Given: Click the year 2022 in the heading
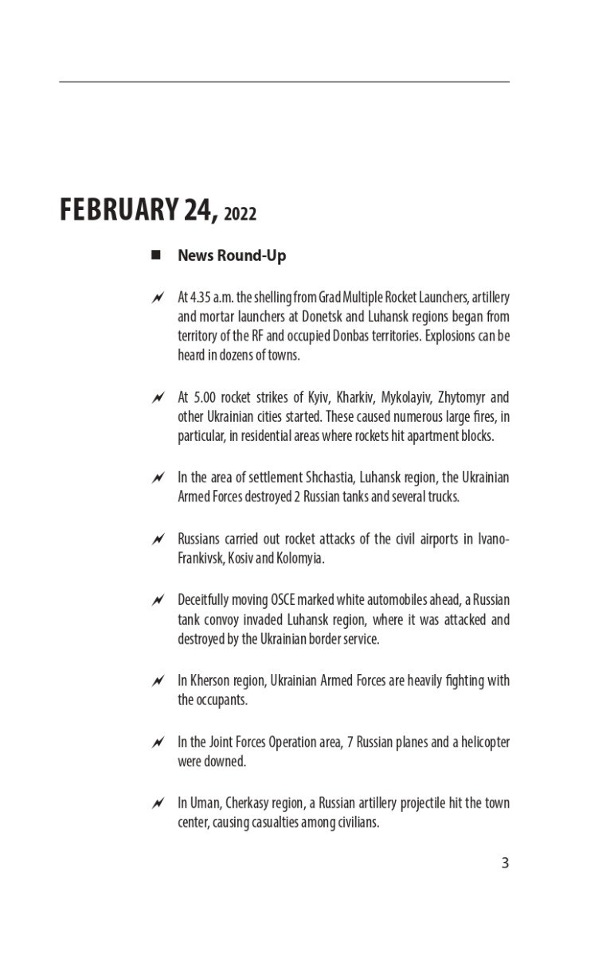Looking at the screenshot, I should (241, 214).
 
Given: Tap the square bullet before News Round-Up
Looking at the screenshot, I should (156, 255).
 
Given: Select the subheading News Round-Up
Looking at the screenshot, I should (232, 255).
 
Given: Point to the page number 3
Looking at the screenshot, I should (505, 863).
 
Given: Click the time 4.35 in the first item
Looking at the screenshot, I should (202, 297).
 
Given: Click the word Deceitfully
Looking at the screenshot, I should (204, 599).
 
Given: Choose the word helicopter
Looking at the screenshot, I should (480, 742).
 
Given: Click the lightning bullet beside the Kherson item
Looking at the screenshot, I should (158, 681).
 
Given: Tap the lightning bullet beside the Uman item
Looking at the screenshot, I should (158, 803).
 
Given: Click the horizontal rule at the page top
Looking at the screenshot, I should (284, 82).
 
